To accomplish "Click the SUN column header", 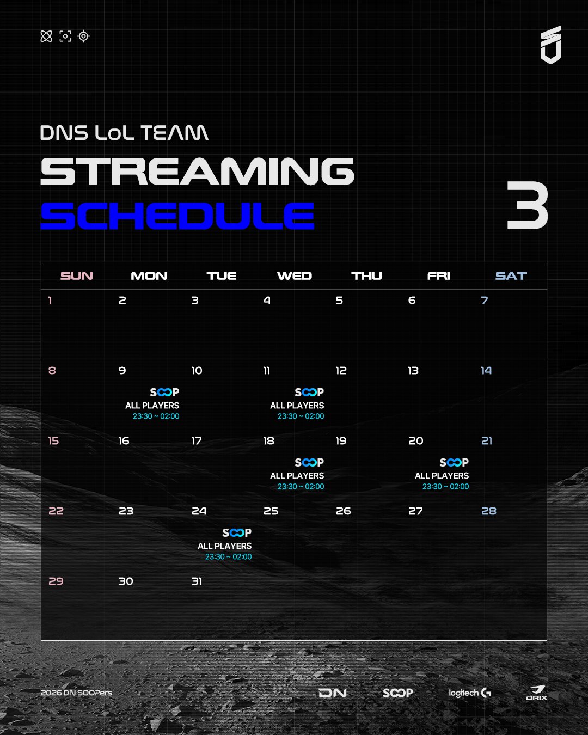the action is click(77, 275).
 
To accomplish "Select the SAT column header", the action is click(511, 275).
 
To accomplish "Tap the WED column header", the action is click(294, 275).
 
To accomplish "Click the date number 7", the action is click(485, 300).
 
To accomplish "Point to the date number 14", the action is click(486, 371).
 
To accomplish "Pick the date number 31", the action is click(197, 581).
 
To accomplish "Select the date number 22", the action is click(56, 511).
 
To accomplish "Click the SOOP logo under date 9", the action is click(164, 392).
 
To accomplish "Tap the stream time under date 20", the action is click(445, 486).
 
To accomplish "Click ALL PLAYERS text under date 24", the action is click(224, 546).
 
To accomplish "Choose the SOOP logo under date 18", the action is click(309, 462).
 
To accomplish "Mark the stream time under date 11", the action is click(301, 416).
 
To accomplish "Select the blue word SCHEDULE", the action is click(177, 216).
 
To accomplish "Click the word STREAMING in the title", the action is click(198, 171).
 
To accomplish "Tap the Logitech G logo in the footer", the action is click(470, 693).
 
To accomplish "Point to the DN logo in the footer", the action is click(333, 693).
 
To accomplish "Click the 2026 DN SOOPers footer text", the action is click(76, 693).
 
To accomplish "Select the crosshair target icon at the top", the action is click(83, 36).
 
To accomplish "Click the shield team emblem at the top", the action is click(550, 45).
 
